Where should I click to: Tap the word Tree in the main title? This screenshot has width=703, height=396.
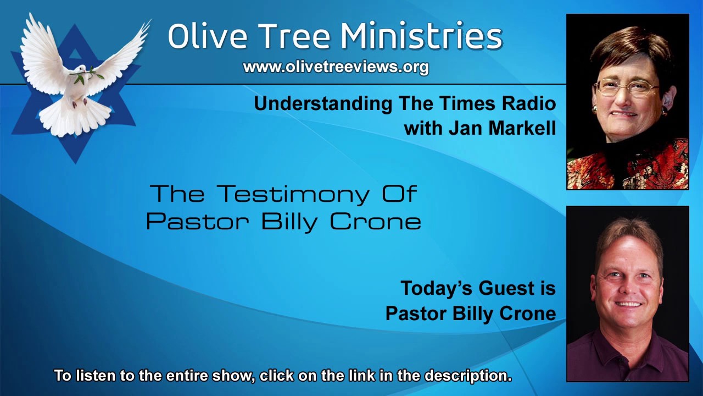(296, 36)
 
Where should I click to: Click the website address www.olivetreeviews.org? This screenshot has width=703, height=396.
(336, 67)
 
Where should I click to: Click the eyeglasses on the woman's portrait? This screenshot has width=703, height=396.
(626, 87)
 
